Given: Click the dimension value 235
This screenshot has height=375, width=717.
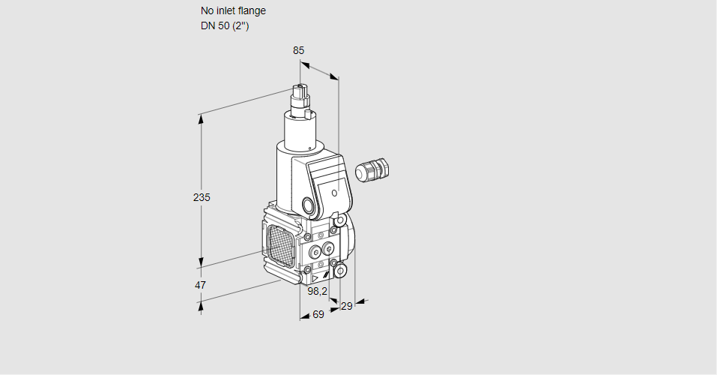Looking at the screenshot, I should (x=202, y=197).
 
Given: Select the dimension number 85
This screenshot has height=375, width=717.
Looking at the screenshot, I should (x=298, y=50).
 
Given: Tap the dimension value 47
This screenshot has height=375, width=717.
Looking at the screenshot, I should (x=200, y=285).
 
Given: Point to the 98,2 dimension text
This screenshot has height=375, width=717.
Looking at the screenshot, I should (x=318, y=291).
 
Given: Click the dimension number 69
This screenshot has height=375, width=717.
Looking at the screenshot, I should (x=318, y=314).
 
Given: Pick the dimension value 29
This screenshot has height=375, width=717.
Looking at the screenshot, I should (x=346, y=305).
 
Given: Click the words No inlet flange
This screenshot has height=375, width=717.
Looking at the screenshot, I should (x=233, y=10).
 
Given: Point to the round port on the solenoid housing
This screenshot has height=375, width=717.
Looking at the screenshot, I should (x=308, y=205).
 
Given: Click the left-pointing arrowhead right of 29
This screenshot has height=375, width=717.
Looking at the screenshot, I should (x=359, y=301).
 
